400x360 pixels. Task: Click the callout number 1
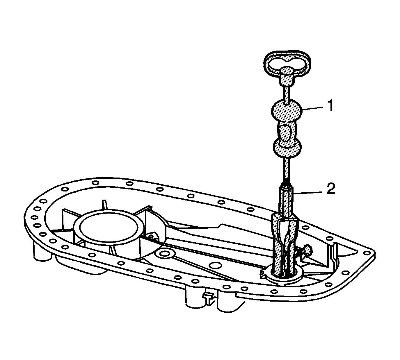330,106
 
